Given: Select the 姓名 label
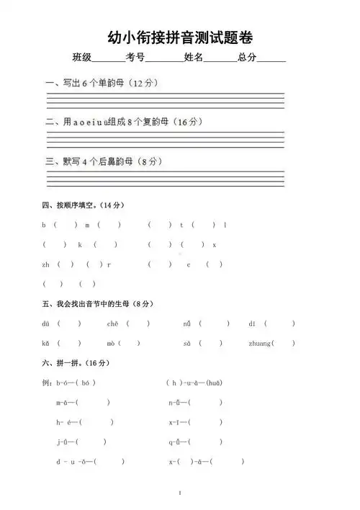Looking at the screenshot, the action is (x=193, y=58).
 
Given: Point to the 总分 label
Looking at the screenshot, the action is (x=247, y=58).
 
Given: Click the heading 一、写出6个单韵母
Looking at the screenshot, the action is (x=102, y=84).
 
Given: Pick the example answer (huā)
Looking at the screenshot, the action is (x=214, y=382).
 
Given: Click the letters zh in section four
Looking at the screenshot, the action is (x=46, y=264).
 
